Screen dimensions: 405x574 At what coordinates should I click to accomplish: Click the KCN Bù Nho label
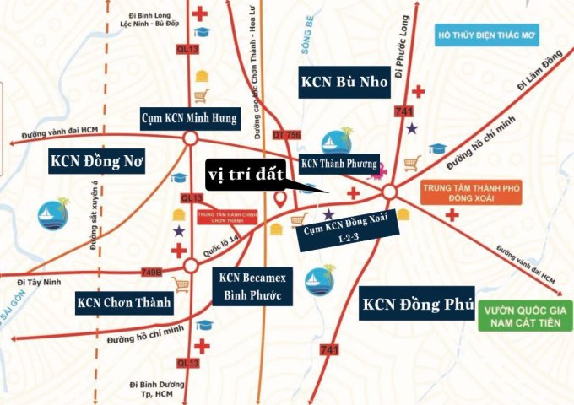[344, 81]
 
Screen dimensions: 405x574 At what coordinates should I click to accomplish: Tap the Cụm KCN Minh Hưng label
[190, 117]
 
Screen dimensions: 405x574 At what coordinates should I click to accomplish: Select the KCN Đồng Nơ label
[97, 159]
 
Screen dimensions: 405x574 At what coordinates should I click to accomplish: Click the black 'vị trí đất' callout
[246, 175]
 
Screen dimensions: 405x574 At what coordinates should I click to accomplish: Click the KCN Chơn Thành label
[123, 301]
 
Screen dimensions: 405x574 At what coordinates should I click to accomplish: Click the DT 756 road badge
[286, 135]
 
